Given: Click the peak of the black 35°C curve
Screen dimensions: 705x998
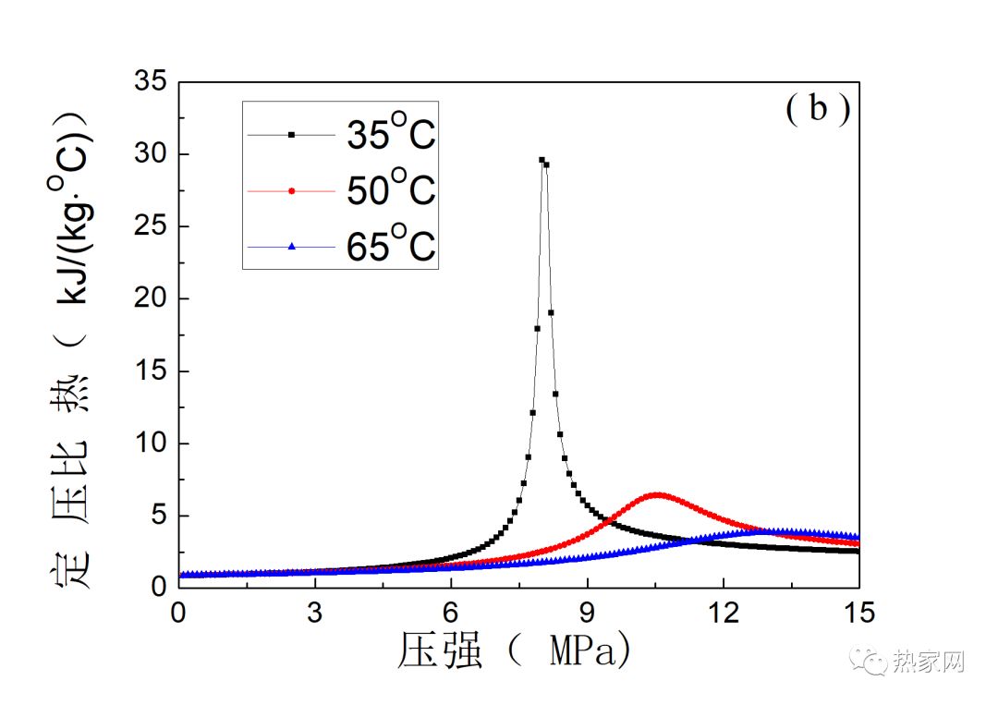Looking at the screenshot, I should (x=542, y=160).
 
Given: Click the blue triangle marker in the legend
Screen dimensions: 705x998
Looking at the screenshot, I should (x=291, y=247).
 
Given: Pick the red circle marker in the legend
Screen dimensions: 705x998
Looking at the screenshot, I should (x=291, y=191).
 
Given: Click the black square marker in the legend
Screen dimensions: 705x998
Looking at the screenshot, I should (x=291, y=135).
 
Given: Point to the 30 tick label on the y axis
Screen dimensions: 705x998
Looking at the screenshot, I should (x=151, y=154).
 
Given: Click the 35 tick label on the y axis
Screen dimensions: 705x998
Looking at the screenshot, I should (x=151, y=82).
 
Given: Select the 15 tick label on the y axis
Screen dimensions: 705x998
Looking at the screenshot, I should (x=151, y=371).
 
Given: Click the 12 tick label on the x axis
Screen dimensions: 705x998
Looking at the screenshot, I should (x=724, y=612).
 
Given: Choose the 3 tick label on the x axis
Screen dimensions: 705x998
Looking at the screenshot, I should (x=315, y=612).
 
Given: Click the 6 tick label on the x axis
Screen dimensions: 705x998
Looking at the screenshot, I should (x=451, y=612).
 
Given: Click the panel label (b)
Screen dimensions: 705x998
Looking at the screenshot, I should (x=818, y=110).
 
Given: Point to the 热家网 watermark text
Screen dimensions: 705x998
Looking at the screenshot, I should (x=929, y=662).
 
